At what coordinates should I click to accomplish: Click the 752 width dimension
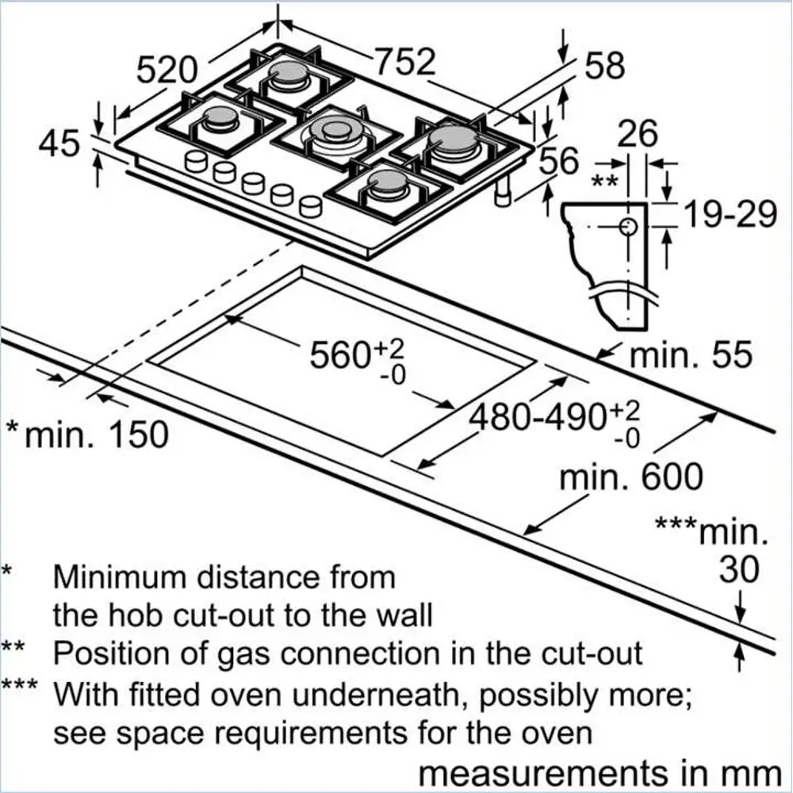(x=404, y=62)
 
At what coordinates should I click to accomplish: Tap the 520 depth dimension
(x=167, y=70)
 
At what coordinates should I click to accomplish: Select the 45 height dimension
(x=59, y=144)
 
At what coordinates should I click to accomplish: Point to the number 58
(x=605, y=67)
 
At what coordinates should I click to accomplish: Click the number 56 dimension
(x=559, y=162)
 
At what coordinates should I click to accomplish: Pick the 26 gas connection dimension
(x=638, y=134)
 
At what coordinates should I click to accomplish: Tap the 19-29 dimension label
(x=729, y=213)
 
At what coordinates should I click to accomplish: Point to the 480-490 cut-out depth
(x=546, y=416)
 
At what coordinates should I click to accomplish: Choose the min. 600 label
(x=630, y=477)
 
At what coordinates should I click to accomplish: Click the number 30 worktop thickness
(x=739, y=569)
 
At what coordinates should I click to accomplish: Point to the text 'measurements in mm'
(x=599, y=772)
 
